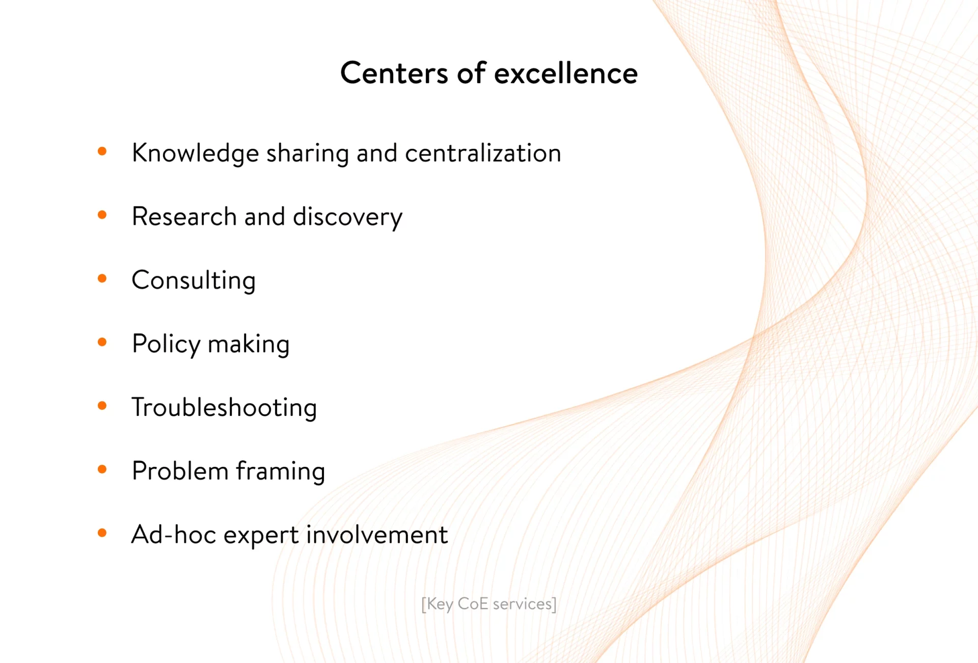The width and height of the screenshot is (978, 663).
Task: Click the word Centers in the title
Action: pos(394,73)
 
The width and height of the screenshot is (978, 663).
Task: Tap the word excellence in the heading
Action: pos(566,73)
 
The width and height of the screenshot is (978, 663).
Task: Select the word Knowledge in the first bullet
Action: pos(195,153)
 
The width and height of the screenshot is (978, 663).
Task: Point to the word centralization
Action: pos(483,153)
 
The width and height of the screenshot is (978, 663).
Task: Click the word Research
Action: pos(184,217)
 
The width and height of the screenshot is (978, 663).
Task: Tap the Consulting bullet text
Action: pos(194,281)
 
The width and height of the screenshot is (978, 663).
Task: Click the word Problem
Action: pos(180,471)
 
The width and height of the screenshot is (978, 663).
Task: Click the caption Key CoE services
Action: pos(489,604)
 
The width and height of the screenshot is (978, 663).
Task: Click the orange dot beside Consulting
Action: pos(102,278)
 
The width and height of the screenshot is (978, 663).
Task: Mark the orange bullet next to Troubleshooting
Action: pos(102,406)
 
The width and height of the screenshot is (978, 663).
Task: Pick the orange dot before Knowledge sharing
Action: pos(102,151)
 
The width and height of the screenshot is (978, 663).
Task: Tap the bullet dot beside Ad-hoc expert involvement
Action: pos(102,533)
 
